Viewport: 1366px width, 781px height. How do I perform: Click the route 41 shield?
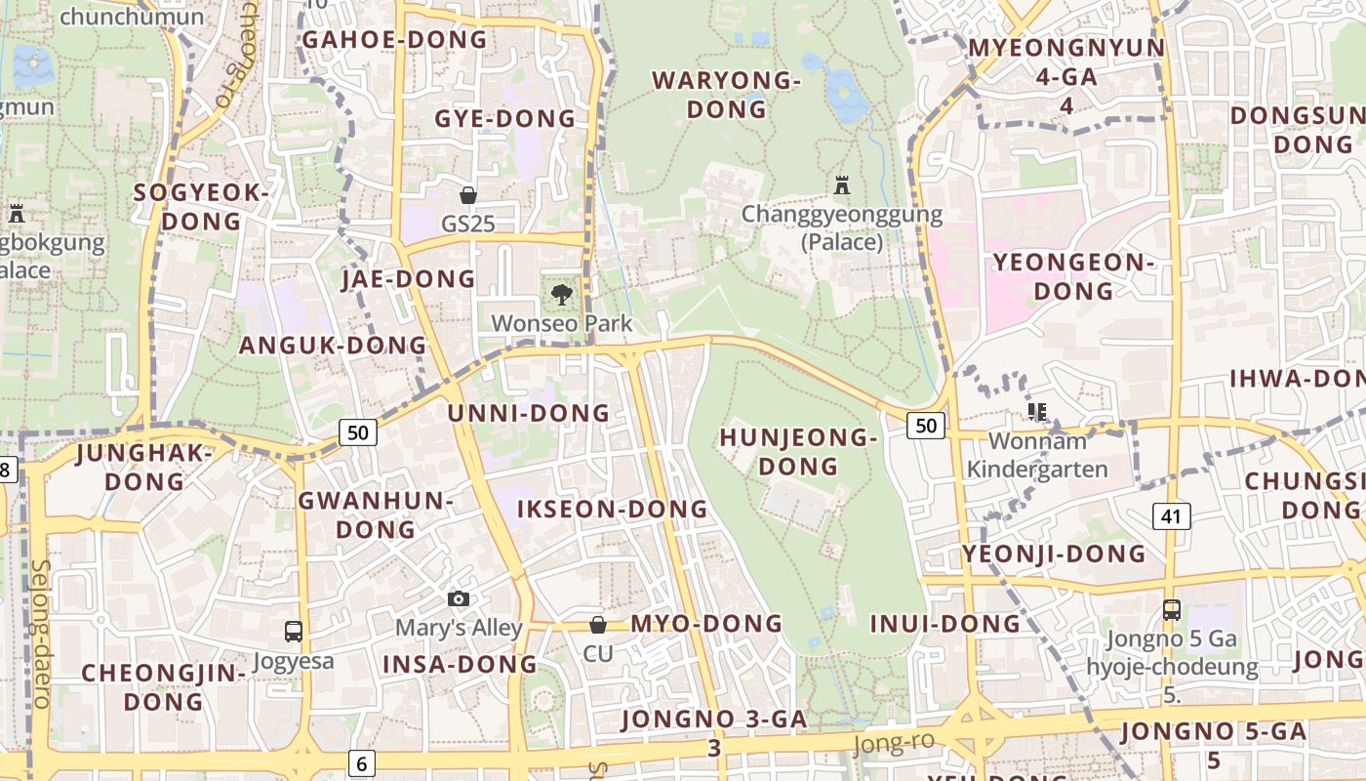(1171, 515)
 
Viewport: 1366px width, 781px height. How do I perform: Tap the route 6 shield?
(361, 763)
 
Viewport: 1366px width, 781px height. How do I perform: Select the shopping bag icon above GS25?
(468, 194)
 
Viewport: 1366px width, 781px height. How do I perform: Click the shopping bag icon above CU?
(598, 624)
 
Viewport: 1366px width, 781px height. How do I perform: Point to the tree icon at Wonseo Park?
(561, 293)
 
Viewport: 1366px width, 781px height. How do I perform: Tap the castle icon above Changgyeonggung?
(842, 185)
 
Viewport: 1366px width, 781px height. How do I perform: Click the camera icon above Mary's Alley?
(459, 598)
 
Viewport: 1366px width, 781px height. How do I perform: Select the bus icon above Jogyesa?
(294, 632)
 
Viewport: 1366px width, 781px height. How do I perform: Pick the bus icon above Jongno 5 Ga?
(1172, 610)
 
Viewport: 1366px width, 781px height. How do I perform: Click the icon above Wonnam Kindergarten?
(1036, 412)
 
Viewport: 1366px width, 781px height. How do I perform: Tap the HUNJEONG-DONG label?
(798, 452)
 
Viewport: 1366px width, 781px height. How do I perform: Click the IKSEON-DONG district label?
(612, 509)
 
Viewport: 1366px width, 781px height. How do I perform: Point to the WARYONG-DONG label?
(726, 95)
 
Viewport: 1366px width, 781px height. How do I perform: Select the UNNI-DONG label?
(528, 413)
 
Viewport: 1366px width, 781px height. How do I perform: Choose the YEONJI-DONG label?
(1054, 555)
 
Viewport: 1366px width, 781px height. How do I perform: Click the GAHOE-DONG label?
(393, 40)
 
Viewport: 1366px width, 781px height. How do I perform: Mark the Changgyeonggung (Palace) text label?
(842, 227)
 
